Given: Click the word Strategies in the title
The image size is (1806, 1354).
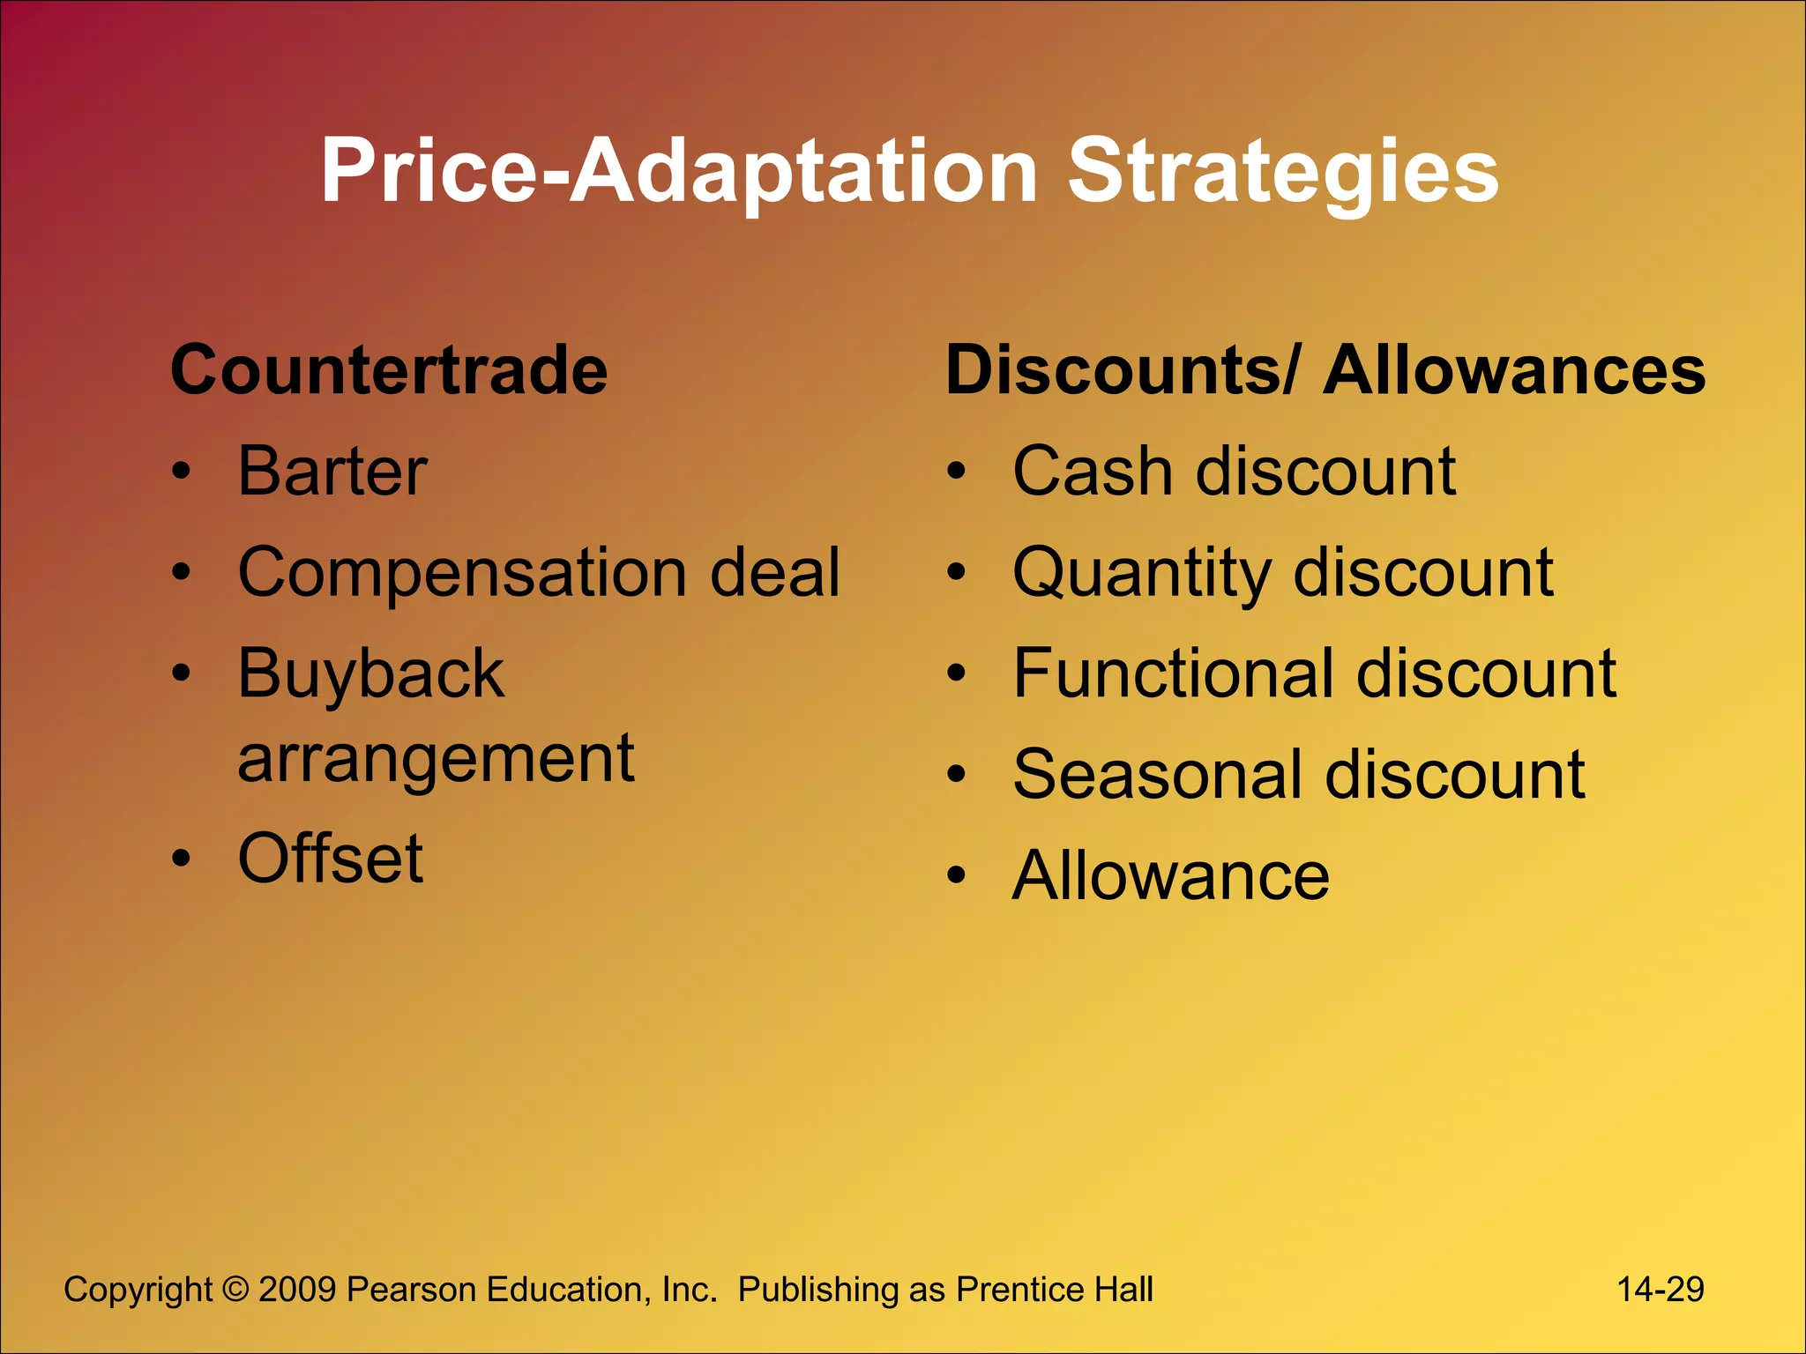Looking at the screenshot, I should click(x=1282, y=172).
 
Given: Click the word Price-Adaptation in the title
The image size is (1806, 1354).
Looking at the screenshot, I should click(x=679, y=172).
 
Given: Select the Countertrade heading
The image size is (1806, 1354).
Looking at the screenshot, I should click(x=389, y=370).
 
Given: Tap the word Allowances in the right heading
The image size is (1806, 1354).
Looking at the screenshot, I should click(x=1514, y=370).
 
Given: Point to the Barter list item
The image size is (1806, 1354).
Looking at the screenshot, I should click(x=332, y=472).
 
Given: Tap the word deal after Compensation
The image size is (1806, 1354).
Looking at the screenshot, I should click(x=775, y=573).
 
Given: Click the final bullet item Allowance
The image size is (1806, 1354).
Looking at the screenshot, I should click(x=1170, y=876).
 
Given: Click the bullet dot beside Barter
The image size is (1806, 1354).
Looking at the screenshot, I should click(x=181, y=472).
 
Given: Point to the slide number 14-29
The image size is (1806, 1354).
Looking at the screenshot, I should click(x=1660, y=1290).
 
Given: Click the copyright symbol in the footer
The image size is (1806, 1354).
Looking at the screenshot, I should click(x=235, y=1290).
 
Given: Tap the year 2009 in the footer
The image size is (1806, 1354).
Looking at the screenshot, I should click(x=297, y=1290).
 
